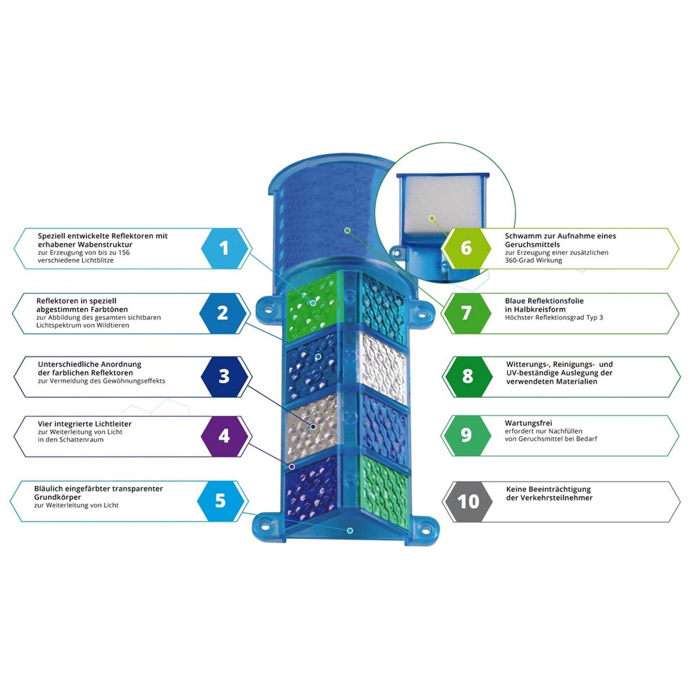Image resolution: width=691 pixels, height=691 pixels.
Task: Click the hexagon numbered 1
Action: click(224, 248)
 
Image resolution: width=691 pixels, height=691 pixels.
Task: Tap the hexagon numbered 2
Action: click(223, 313)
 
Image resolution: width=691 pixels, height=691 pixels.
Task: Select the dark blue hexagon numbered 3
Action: click(224, 377)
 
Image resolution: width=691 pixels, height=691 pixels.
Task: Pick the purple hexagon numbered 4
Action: click(224, 437)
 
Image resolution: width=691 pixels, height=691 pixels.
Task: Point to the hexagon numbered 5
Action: click(220, 500)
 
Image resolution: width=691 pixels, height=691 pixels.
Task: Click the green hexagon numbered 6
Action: click(466, 248)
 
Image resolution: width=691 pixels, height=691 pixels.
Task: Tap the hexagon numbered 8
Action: click(468, 377)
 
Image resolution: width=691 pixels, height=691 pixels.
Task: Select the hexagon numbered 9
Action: click(466, 435)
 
